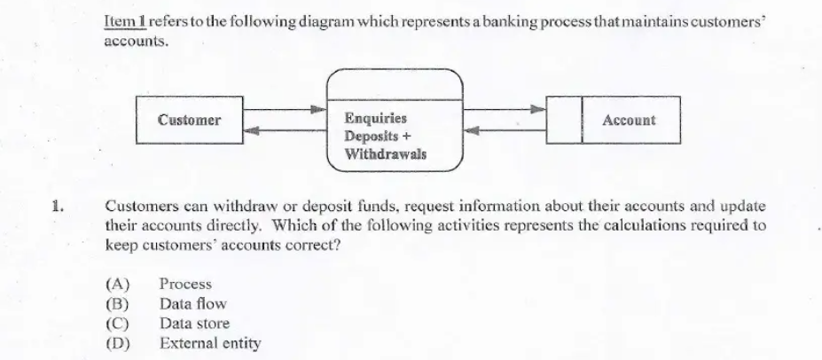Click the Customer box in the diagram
coord(189,120)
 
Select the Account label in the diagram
coord(629,120)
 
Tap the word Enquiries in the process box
coord(375,119)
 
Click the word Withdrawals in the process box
coord(386,154)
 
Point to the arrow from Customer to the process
coord(285,110)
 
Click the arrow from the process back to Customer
coord(285,130)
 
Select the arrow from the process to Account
coord(505,110)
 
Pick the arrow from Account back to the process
coord(505,130)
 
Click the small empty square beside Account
coord(564,120)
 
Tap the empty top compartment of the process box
coord(395,84)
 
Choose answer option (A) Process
coord(159,284)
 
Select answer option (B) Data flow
coord(166,304)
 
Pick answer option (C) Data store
coord(168,324)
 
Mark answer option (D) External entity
coord(183,344)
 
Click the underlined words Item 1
coord(125,22)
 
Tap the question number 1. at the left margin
coord(58,206)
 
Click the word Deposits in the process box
coord(372,137)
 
